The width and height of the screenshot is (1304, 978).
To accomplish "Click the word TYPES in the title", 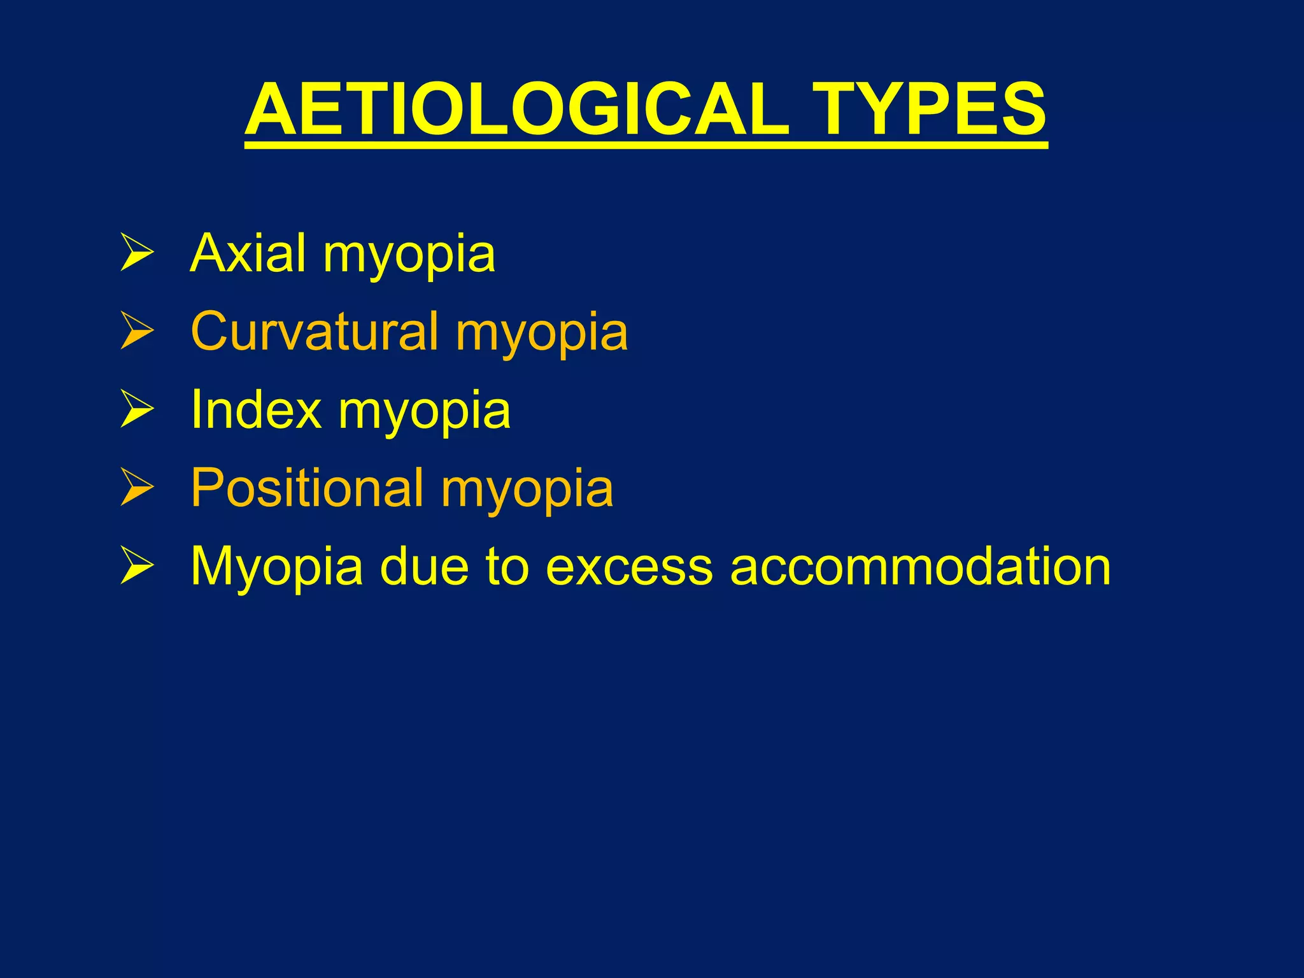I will click(x=929, y=110).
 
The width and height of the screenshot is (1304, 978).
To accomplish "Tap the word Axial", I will click(x=248, y=253).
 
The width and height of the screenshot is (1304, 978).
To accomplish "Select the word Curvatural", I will click(x=315, y=331).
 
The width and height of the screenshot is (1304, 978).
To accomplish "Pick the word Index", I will click(x=255, y=409).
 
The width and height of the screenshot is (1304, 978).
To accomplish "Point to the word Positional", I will click(x=307, y=488).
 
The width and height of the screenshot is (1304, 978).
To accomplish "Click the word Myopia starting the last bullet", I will click(x=276, y=567).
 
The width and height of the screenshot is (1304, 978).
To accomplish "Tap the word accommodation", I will click(x=920, y=567).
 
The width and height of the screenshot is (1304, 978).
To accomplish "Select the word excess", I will click(x=629, y=567).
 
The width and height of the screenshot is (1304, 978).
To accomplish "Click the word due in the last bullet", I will click(x=424, y=567).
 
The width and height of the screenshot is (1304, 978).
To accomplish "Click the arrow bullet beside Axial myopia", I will click(x=137, y=253).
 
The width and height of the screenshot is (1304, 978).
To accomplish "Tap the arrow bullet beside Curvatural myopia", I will click(x=137, y=332).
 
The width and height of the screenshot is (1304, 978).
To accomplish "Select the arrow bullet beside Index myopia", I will click(x=137, y=410).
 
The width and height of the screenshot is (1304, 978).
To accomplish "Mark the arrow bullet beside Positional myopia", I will click(x=137, y=488).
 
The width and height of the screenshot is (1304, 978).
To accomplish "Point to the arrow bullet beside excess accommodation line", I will click(x=137, y=567).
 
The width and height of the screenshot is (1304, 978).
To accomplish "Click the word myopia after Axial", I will click(x=409, y=257).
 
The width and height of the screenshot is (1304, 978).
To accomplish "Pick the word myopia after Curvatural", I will click(x=542, y=335).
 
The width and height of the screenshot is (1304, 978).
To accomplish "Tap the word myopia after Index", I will click(x=424, y=413).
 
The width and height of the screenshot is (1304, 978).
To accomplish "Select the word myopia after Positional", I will click(x=527, y=492).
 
